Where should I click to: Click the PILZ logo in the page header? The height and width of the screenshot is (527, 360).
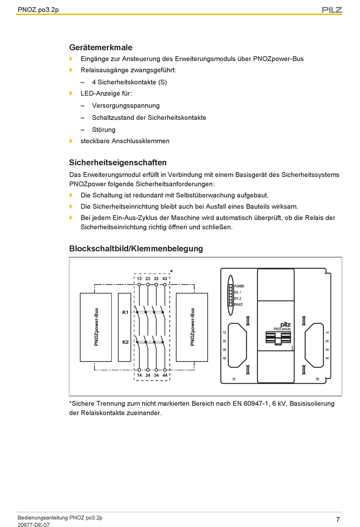pyautogui.click(x=332, y=10)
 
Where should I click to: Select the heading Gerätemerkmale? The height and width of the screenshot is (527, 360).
pyautogui.click(x=101, y=47)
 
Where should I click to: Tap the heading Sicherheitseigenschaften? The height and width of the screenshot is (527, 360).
pyautogui.click(x=118, y=163)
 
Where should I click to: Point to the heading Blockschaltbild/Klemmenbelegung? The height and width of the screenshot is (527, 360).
pyautogui.click(x=136, y=249)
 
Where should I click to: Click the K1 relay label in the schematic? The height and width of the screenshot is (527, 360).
pyautogui.click(x=125, y=312)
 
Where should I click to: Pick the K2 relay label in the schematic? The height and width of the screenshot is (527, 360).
pyautogui.click(x=125, y=342)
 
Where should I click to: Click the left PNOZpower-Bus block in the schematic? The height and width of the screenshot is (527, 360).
pyautogui.click(x=96, y=327)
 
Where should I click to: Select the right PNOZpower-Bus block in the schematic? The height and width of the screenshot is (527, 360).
pyautogui.click(x=192, y=327)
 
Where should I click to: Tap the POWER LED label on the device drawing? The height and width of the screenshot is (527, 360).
pyautogui.click(x=239, y=286)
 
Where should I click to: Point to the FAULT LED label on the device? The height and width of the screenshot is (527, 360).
pyautogui.click(x=238, y=305)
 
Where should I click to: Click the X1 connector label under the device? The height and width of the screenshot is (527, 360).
pyautogui.click(x=234, y=379)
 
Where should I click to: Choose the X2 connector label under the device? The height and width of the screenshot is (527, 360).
pyautogui.click(x=318, y=379)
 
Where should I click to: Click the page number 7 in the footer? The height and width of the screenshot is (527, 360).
pyautogui.click(x=338, y=519)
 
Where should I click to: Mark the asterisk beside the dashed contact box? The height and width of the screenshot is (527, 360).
pyautogui.click(x=172, y=272)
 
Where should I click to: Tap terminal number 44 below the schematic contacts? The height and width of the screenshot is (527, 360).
pyautogui.click(x=165, y=375)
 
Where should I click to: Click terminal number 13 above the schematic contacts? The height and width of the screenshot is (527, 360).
pyautogui.click(x=139, y=278)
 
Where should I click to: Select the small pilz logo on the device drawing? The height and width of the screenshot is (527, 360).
pyautogui.click(x=285, y=325)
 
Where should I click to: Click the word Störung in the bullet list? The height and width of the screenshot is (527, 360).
pyautogui.click(x=104, y=130)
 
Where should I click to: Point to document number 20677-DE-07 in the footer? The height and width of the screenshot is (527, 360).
pyautogui.click(x=33, y=525)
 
